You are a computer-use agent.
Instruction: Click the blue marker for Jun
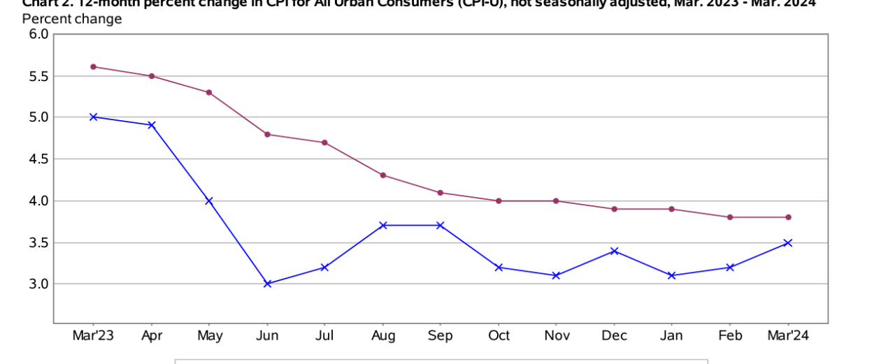[267, 284]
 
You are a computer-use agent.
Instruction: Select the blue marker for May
[208, 201]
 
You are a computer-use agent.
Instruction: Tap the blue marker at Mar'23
[93, 117]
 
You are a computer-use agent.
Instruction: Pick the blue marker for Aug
[382, 225]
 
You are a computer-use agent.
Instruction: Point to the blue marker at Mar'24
[788, 242]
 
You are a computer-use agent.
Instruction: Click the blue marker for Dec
[614, 250]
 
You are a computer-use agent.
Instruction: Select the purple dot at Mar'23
[93, 67]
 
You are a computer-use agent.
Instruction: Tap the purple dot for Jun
[267, 134]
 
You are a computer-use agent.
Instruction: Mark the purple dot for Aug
[382, 175]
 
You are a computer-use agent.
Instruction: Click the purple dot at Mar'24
[788, 217]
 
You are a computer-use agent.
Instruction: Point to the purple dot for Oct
[499, 201]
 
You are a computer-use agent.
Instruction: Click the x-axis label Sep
[440, 336]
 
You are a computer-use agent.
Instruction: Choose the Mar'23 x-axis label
[93, 336]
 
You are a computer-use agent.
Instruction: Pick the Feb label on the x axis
[730, 336]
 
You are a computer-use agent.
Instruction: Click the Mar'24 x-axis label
[788, 336]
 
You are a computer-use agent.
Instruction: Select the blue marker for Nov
[556, 275]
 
